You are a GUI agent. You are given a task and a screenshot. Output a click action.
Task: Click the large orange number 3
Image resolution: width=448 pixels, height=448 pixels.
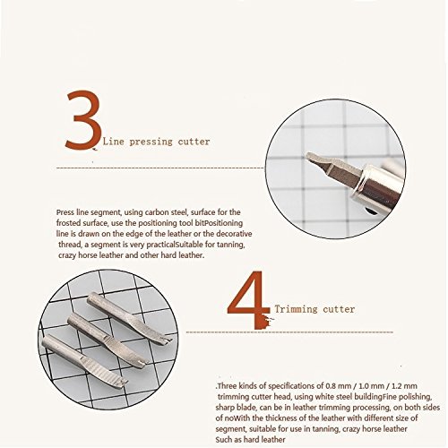pyautogui.click(x=83, y=119)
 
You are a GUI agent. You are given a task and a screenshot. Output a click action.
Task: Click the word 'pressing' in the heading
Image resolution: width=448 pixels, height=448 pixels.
pyautogui.click(x=151, y=142)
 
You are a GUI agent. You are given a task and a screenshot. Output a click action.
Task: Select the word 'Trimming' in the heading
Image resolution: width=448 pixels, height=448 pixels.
pyautogui.click(x=297, y=309)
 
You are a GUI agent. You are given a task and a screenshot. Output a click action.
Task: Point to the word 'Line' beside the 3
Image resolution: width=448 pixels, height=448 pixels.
pyautogui.click(x=114, y=142)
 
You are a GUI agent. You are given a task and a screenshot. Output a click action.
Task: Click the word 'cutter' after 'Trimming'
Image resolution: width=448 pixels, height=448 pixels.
pyautogui.click(x=339, y=309)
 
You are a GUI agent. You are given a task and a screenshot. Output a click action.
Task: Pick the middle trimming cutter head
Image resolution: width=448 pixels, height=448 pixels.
pyautogui.click(x=108, y=338)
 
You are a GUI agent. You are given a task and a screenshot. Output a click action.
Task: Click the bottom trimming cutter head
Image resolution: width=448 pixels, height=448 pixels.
pyautogui.click(x=85, y=361)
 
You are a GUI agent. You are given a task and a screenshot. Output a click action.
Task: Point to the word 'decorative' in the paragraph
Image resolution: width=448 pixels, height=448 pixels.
pyautogui.click(x=234, y=234)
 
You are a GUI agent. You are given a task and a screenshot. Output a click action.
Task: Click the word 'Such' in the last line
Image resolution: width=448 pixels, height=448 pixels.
pyautogui.click(x=222, y=440)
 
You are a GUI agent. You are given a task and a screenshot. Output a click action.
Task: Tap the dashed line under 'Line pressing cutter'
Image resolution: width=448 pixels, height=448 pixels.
pyautogui.click(x=160, y=168)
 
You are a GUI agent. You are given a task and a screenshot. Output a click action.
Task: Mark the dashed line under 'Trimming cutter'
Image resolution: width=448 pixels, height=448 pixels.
pyautogui.click(x=289, y=332)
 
